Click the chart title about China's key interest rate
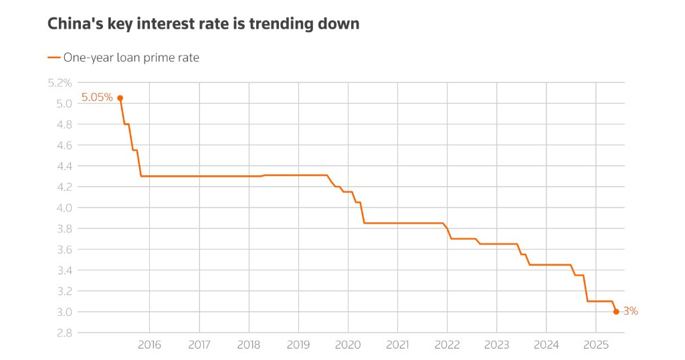point(203,24)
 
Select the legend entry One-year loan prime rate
point(131,58)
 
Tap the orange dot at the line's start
point(120,98)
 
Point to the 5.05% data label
point(97,98)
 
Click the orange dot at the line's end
point(616,311)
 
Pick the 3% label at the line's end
point(630,311)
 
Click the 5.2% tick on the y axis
point(60,83)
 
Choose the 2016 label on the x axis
point(149,345)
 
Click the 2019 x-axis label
point(298,345)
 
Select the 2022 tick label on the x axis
point(447,345)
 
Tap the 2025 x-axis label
point(595,345)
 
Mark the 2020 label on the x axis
point(348,345)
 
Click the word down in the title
point(340,24)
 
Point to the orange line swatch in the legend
point(54,58)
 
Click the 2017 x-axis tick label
point(199,345)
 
